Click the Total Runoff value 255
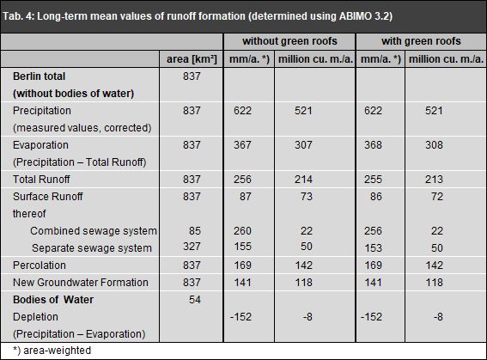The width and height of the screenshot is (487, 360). [x=376, y=179]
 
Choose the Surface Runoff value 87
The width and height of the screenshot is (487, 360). [x=245, y=196]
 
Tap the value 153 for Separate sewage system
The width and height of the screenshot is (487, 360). [x=376, y=247]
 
